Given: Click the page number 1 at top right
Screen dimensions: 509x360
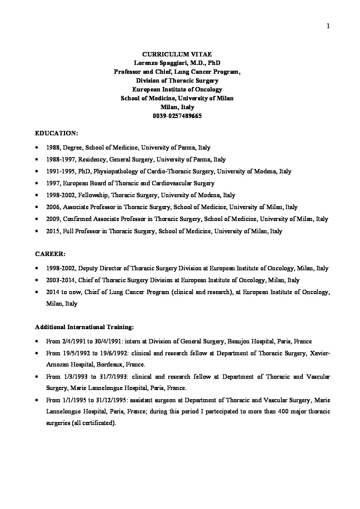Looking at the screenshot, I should [328, 27].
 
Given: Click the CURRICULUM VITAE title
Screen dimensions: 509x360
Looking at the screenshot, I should [177, 54].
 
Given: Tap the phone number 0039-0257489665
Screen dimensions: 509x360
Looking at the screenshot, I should [177, 116].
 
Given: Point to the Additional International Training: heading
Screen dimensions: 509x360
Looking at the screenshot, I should [84, 327].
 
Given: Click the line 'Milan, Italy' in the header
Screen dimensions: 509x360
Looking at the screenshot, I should [177, 107].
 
